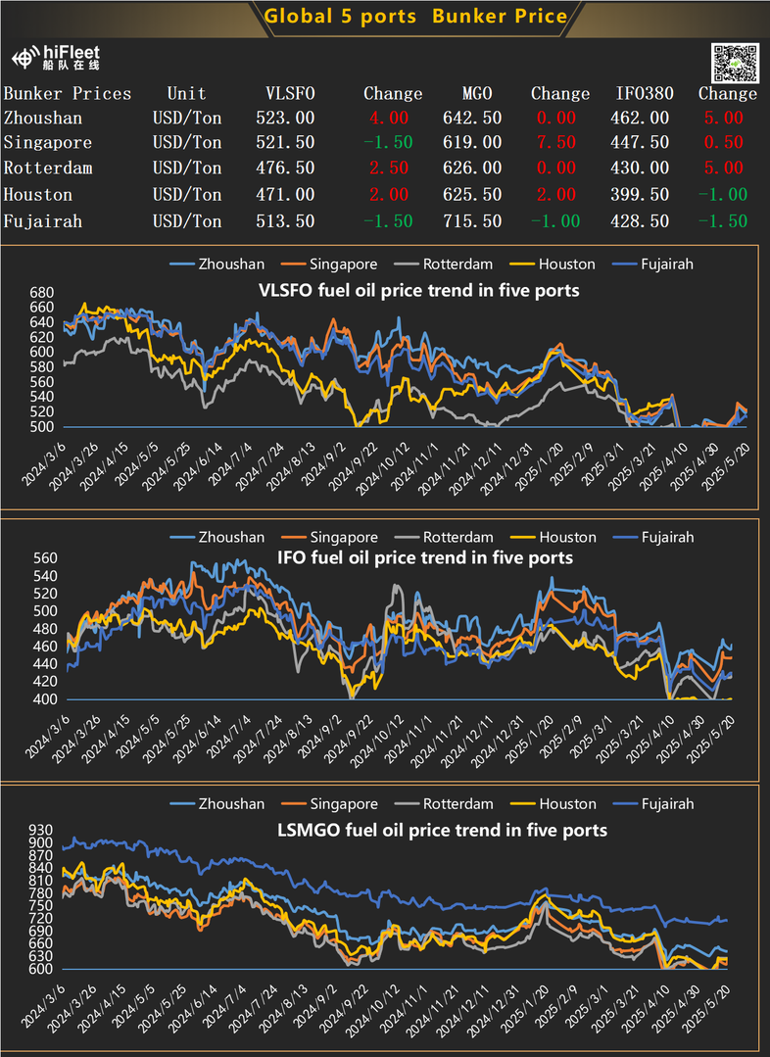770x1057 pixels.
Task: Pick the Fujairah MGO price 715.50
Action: (477, 221)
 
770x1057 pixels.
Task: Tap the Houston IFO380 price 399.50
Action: (642, 195)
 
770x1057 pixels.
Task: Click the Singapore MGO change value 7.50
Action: (559, 143)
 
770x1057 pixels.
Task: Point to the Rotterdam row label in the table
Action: (48, 168)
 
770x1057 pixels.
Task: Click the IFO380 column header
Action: (642, 94)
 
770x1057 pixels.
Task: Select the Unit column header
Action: (186, 94)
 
